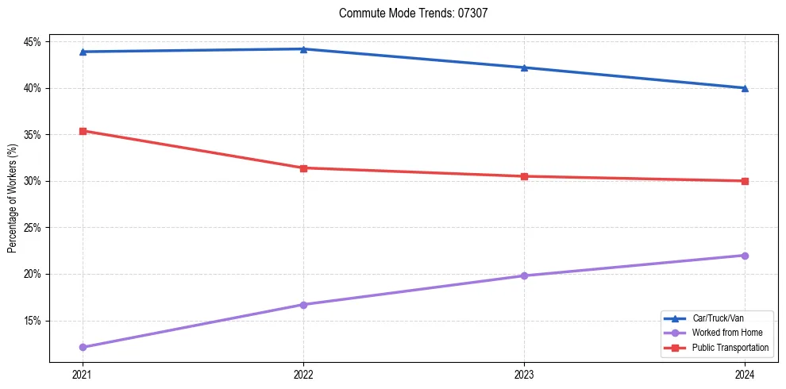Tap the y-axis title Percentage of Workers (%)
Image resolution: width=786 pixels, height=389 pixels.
pos(12,198)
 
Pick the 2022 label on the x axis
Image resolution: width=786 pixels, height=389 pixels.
pos(303,374)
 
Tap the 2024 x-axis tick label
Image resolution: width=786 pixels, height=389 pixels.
pos(745,374)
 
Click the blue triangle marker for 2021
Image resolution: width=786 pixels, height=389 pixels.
pos(83,52)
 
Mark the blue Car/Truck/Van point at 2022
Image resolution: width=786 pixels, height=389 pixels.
pos(303,49)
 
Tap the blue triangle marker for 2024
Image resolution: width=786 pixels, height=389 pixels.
pos(745,88)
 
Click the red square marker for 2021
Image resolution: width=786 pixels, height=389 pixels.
pos(83,131)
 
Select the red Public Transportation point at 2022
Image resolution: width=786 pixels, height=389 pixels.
pos(303,168)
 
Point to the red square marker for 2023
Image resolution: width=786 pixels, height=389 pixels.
pos(524,176)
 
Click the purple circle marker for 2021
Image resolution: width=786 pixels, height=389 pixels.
pos(83,347)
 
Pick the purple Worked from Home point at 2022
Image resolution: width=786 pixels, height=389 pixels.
pos(303,305)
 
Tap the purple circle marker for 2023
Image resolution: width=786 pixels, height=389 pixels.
pos(524,276)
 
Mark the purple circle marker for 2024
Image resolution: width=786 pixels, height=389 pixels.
pos(745,256)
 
